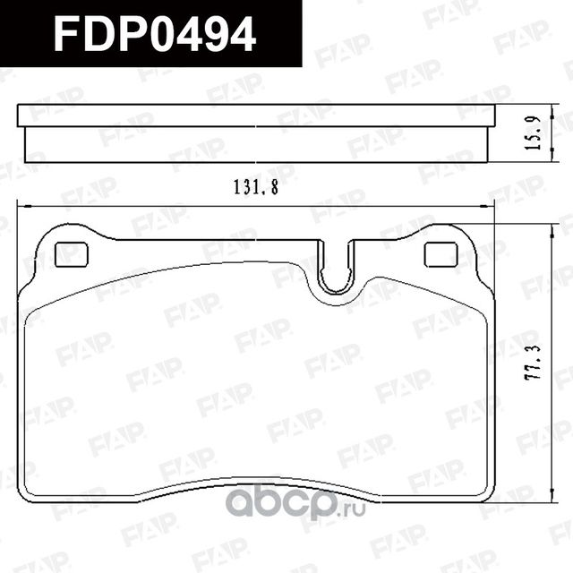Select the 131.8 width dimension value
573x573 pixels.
click(253, 189)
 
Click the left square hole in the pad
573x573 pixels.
click(71, 255)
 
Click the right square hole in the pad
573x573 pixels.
click(440, 255)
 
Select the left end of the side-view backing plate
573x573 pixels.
click(21, 115)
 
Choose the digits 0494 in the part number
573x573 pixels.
click(204, 34)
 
